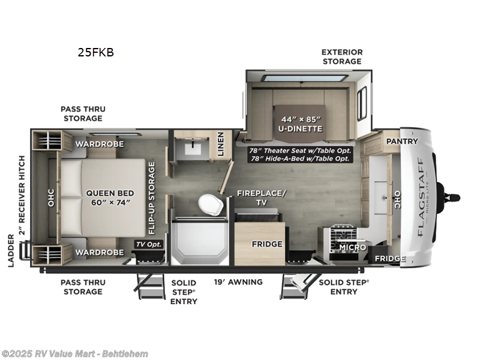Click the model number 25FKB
(95, 52)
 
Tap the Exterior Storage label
(341, 56)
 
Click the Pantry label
(401, 141)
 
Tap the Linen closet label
(220, 144)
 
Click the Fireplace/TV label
(262, 197)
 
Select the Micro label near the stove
(352, 247)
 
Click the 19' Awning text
(238, 282)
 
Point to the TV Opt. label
(148, 244)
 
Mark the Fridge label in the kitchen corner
(390, 259)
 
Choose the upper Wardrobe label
(99, 144)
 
